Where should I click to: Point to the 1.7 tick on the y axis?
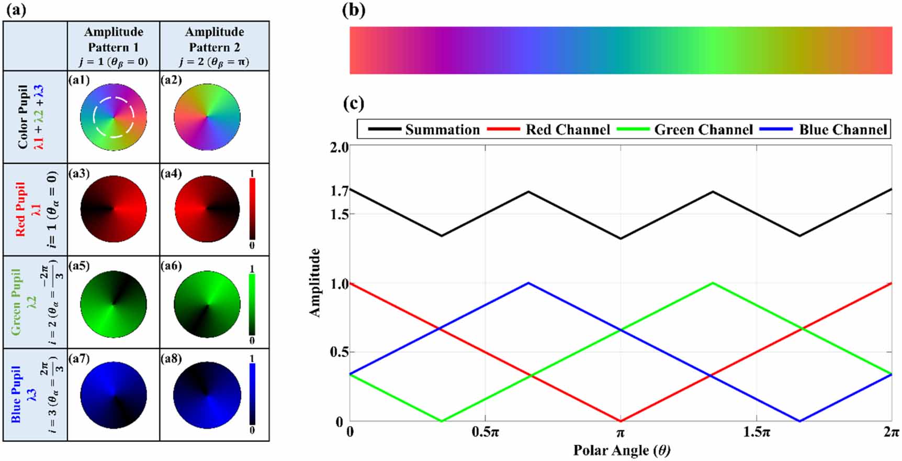(x=340, y=191)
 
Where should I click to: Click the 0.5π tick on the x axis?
(x=485, y=433)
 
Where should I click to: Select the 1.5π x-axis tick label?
(x=757, y=433)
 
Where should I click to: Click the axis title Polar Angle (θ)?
(x=621, y=450)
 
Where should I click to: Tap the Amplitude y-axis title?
(x=315, y=283)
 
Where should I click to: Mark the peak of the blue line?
(x=529, y=283)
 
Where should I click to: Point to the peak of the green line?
(x=712, y=283)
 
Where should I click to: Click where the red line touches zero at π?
(x=621, y=421)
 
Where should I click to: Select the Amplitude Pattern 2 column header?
(x=215, y=47)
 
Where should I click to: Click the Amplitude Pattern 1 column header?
(x=114, y=47)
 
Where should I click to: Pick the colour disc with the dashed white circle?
(x=114, y=117)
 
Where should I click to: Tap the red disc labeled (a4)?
(x=207, y=208)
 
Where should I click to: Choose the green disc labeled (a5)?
(x=114, y=304)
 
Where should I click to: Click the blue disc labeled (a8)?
(x=207, y=395)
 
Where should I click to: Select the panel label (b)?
(x=354, y=10)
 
